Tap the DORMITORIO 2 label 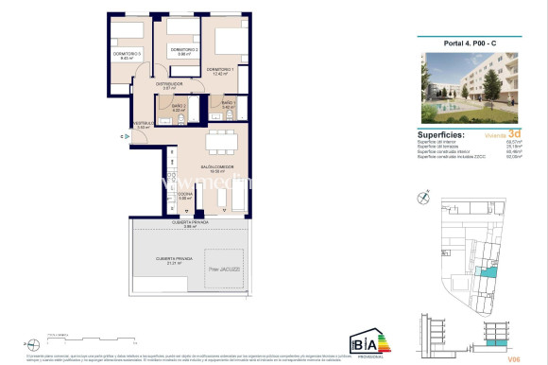pos(182,49)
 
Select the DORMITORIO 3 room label pos(128,54)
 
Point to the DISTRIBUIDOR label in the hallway pos(179,84)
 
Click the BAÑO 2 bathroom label pos(179,106)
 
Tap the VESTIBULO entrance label pos(143,123)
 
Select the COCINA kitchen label pos(186,195)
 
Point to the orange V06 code pos(513,358)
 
